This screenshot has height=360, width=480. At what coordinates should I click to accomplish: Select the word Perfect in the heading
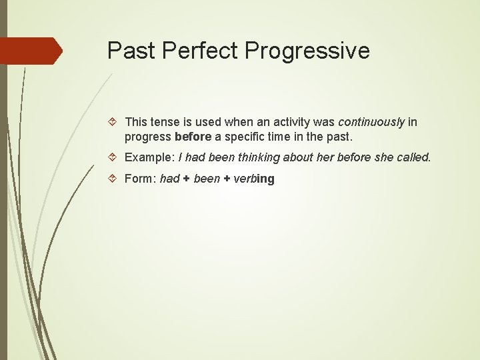coord(204,51)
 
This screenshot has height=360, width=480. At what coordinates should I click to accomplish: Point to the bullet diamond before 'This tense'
coord(114,122)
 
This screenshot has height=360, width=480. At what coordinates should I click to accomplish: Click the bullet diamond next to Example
coord(114,157)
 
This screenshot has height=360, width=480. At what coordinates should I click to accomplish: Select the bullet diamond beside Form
coord(114,179)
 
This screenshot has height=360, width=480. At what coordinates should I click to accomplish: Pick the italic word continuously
coord(371,122)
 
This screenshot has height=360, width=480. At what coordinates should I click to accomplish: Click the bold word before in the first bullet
coord(193,136)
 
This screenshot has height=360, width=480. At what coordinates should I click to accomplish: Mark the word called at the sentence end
coord(415,158)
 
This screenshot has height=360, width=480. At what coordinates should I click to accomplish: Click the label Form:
coord(141,179)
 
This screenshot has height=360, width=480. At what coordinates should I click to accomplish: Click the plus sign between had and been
coord(187,179)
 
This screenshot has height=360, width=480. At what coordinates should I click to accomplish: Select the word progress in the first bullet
coord(148,136)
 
